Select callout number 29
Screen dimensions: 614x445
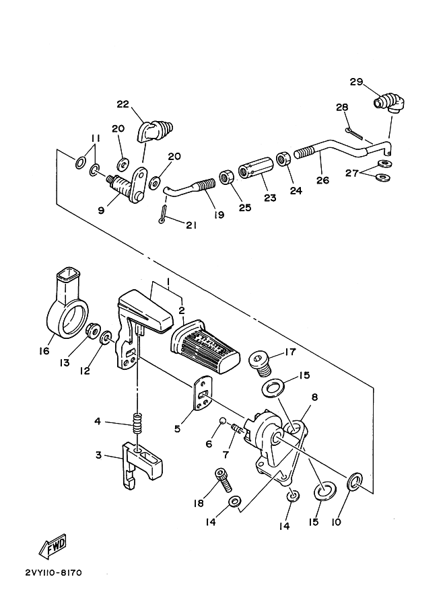(x=356, y=82)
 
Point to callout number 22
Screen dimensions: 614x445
(x=123, y=104)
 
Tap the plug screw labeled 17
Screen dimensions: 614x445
(x=260, y=363)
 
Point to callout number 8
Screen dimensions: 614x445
(x=315, y=397)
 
